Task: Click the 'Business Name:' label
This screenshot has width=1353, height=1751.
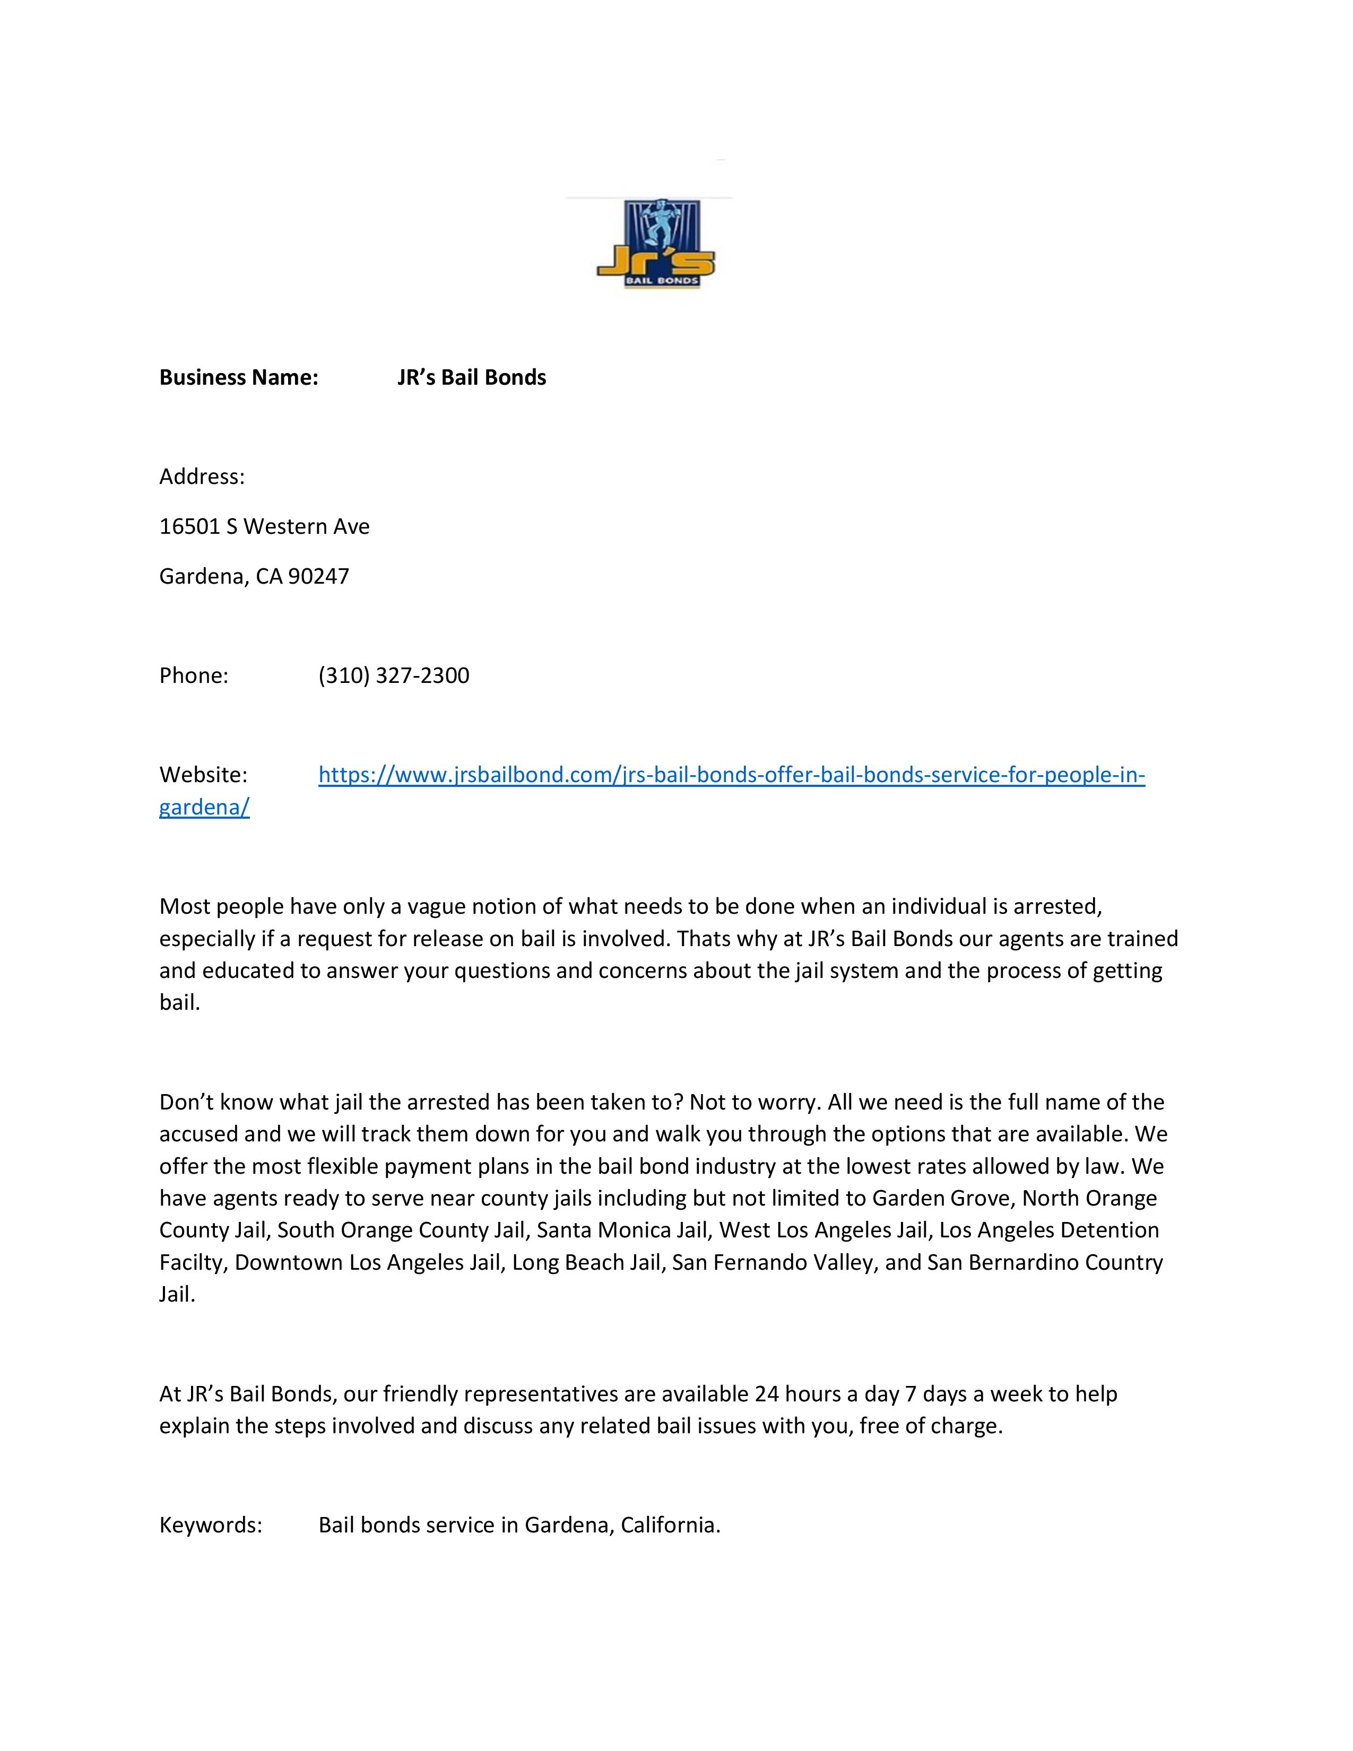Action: coord(239,378)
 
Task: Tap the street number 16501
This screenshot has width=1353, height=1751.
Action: coord(189,527)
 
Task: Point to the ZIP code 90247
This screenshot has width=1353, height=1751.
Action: coord(318,576)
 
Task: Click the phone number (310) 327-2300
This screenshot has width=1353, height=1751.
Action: coord(394,676)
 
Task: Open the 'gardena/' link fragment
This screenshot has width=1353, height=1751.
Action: coord(204,808)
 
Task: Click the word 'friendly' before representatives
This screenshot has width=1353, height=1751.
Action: coord(420,1394)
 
